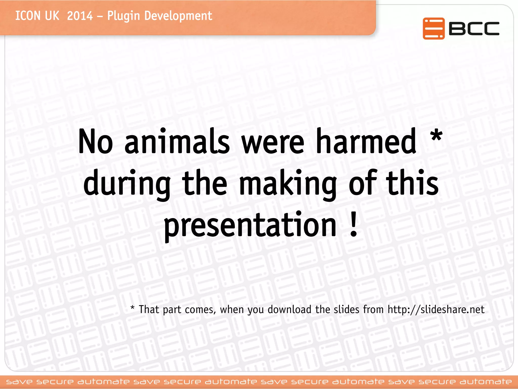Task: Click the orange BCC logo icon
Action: click(434, 28)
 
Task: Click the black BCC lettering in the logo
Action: click(474, 28)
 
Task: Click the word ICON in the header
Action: click(28, 16)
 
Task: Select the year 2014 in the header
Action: click(80, 16)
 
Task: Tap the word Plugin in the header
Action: click(123, 16)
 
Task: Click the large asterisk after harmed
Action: click(437, 135)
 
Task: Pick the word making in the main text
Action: click(288, 184)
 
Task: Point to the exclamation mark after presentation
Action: click(354, 224)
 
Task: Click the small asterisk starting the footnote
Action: click(132, 308)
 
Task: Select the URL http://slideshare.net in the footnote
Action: click(436, 309)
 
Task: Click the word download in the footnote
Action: click(289, 309)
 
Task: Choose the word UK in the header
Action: click(52, 16)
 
